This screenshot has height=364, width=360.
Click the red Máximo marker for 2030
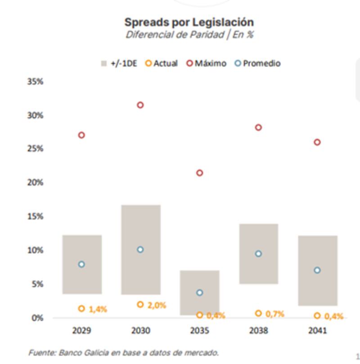[x=140, y=105]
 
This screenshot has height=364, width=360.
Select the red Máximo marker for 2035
[x=200, y=173]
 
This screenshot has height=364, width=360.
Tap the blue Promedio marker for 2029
[x=81, y=264]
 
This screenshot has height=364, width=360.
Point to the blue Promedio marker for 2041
[x=317, y=270]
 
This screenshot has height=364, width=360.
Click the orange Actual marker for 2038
[x=258, y=314]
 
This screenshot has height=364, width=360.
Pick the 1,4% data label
[x=98, y=309]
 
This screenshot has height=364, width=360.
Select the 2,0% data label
[x=157, y=305]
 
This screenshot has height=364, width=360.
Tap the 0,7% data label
[x=274, y=314]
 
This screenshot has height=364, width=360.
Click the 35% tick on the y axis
[x=35, y=82]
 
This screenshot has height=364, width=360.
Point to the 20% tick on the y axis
[x=35, y=182]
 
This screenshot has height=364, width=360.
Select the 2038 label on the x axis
[x=258, y=331]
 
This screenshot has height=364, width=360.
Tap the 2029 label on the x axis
[x=81, y=331]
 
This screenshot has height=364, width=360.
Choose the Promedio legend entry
[x=258, y=64]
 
